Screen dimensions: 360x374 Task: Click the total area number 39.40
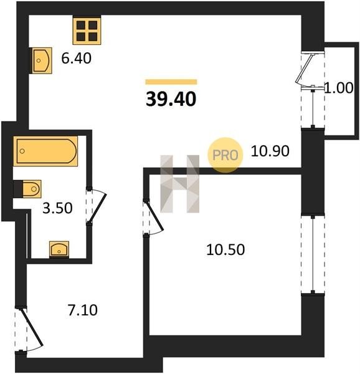(171, 99)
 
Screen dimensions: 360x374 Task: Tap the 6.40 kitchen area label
(76, 58)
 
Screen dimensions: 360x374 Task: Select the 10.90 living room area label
(270, 151)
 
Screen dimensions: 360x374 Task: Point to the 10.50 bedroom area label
(225, 250)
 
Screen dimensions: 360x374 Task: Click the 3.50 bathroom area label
(57, 208)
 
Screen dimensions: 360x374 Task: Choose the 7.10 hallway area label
(83, 310)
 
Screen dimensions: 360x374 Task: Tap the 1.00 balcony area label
(339, 88)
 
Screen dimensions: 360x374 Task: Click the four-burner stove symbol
(87, 31)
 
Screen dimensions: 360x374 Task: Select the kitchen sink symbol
(41, 60)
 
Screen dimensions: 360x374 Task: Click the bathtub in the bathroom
(45, 151)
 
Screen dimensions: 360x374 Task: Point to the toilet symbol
(27, 189)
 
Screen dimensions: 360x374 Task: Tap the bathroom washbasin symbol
(59, 249)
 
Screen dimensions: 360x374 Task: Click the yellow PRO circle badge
(225, 155)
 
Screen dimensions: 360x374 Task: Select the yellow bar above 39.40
(171, 82)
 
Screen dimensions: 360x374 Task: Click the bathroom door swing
(96, 206)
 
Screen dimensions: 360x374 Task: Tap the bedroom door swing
(153, 217)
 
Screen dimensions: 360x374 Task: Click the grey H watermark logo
(180, 184)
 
